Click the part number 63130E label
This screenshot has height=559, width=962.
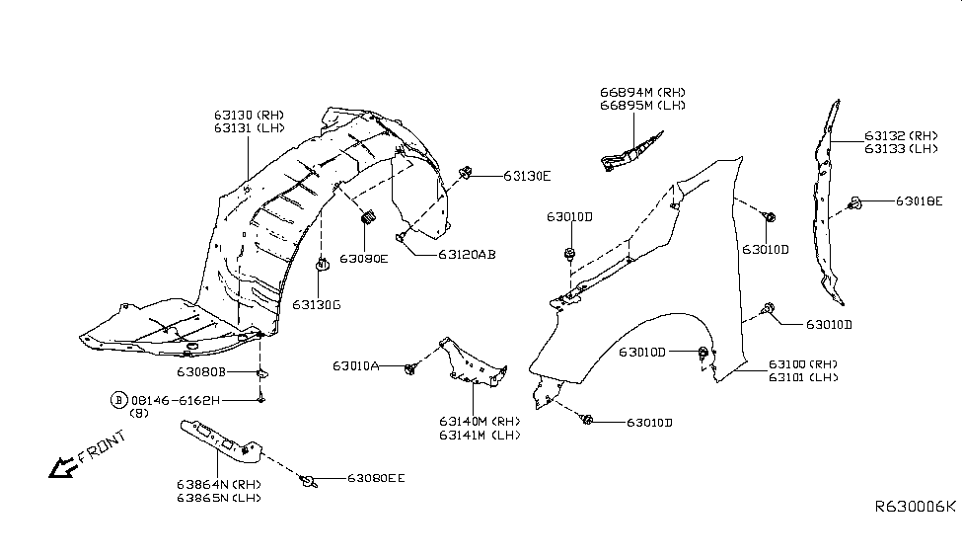click(x=526, y=176)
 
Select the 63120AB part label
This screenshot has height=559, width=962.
click(x=453, y=254)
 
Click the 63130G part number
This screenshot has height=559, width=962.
click(x=316, y=304)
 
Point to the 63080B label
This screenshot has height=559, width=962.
click(x=201, y=372)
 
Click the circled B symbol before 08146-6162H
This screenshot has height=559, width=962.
click(x=118, y=400)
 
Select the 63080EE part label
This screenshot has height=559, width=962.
click(x=376, y=478)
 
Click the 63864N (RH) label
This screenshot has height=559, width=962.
click(x=218, y=484)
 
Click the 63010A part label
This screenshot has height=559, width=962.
click(x=356, y=365)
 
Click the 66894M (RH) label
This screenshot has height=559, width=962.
click(x=642, y=92)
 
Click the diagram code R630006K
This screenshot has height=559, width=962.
click(x=915, y=506)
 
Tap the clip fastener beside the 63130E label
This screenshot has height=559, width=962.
click(x=465, y=175)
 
